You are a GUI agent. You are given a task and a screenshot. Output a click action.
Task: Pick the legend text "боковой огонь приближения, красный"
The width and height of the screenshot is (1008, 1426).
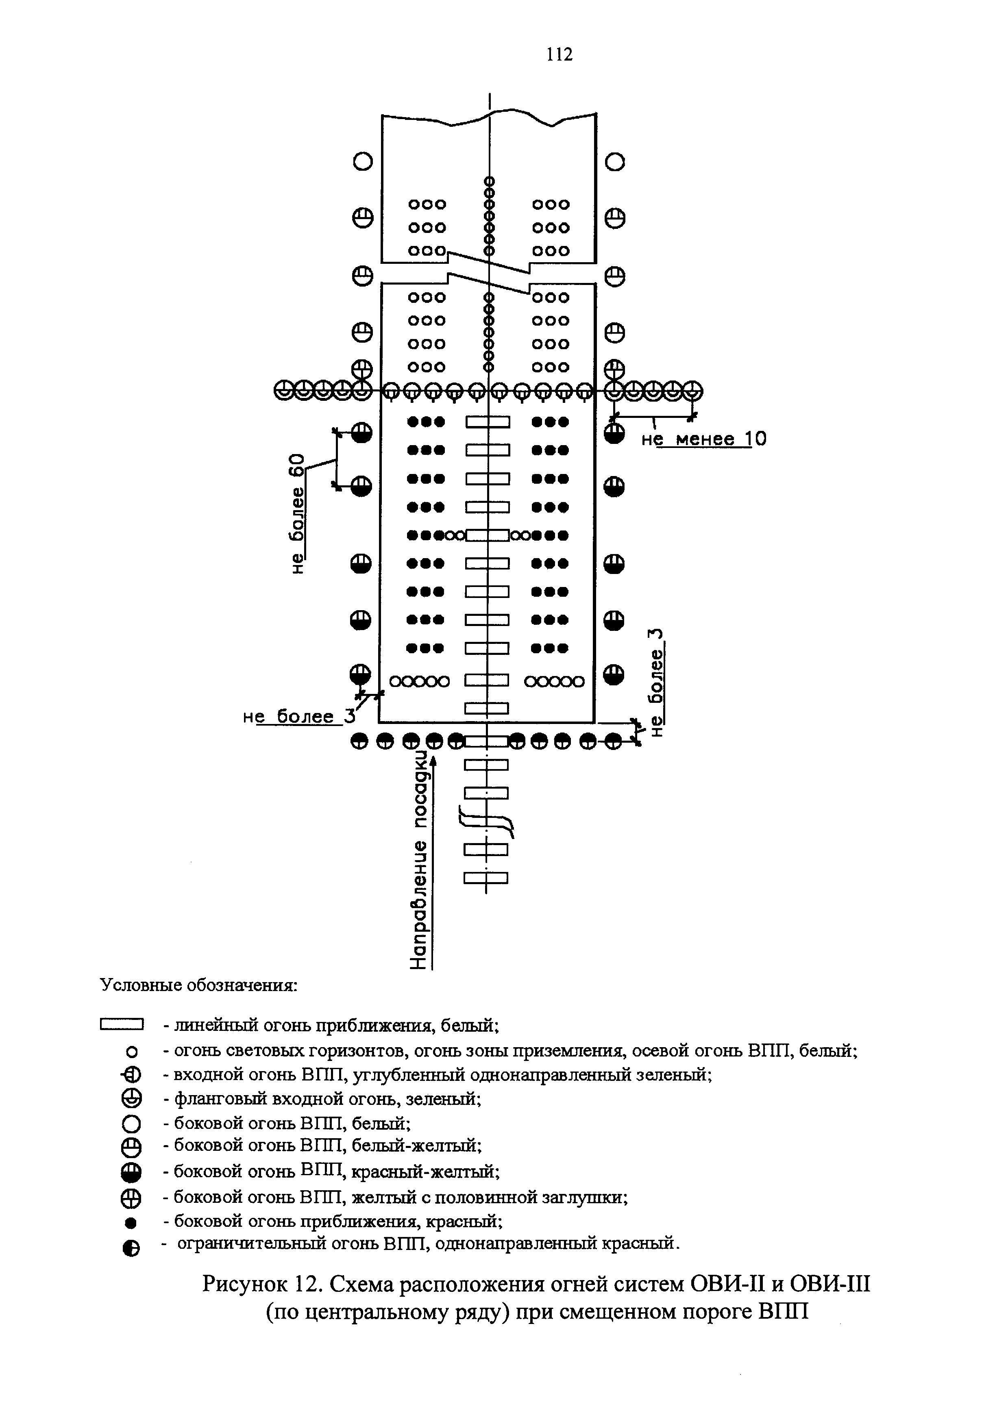[338, 1221]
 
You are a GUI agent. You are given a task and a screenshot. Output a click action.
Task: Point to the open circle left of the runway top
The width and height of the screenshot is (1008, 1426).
[363, 162]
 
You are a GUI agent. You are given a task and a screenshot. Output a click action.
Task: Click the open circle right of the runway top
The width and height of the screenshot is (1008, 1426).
[614, 162]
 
